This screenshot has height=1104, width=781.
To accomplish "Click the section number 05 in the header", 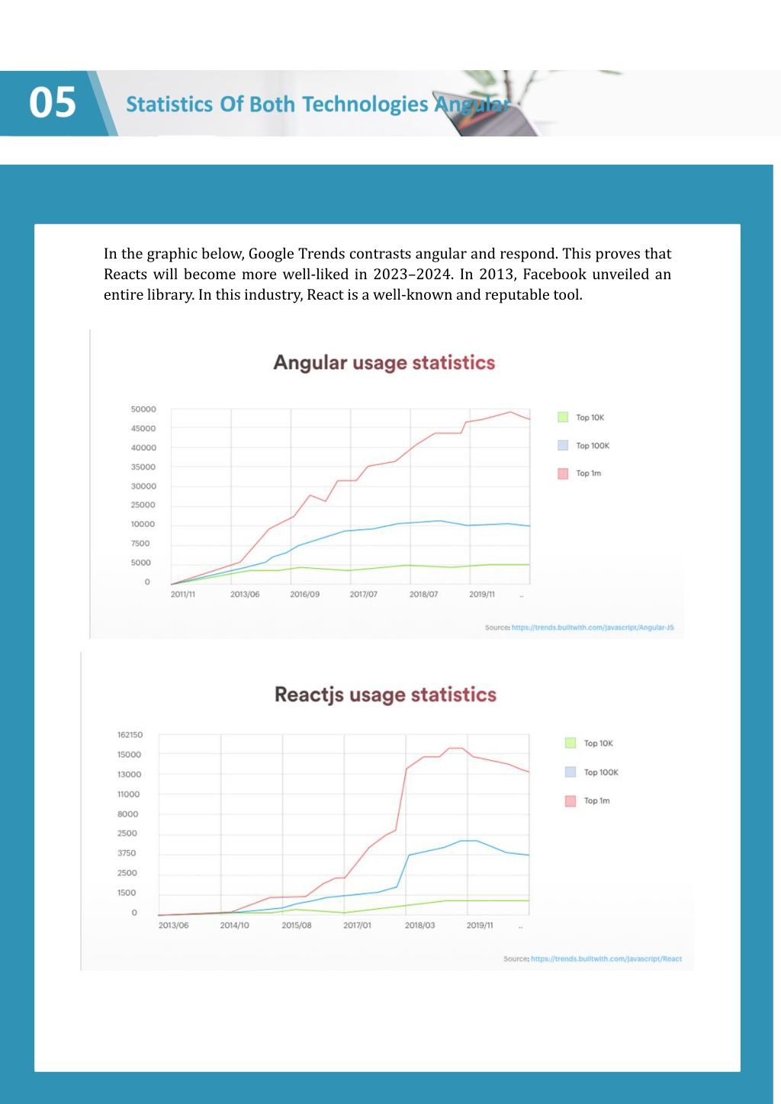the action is (53, 102).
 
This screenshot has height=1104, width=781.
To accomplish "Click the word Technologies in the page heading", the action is (365, 104).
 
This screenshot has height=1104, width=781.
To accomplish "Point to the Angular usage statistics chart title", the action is (384, 362).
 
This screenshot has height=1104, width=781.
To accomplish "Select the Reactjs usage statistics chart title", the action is (386, 695).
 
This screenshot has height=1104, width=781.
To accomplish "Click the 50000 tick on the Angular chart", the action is (143, 409).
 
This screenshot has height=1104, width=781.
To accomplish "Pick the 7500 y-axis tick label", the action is (140, 543).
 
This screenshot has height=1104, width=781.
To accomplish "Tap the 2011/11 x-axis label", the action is (183, 595).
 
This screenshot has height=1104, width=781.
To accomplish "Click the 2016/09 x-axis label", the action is (305, 595).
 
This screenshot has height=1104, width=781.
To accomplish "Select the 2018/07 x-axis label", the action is (423, 595).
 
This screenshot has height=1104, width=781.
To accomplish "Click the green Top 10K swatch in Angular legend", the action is (563, 417).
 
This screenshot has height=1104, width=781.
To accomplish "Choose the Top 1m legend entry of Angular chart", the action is (580, 473).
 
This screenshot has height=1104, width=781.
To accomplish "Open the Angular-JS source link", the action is (593, 627).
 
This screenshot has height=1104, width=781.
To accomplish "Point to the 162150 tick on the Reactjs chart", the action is (130, 734).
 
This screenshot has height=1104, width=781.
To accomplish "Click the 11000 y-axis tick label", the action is (128, 794).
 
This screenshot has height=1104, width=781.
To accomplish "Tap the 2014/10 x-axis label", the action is (235, 925).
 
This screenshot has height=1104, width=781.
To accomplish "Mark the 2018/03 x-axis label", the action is (420, 925).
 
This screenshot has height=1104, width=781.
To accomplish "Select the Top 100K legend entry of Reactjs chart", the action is (592, 772).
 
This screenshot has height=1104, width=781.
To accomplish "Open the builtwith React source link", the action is (606, 958).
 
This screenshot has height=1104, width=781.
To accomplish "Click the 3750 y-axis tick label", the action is (126, 852).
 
